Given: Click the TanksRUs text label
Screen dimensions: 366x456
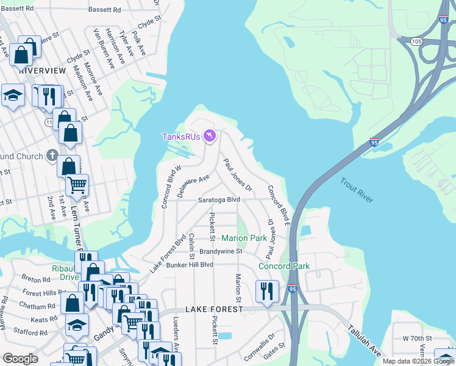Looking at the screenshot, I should tap(181, 137).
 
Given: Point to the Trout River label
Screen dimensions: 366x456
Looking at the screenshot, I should tap(357, 190).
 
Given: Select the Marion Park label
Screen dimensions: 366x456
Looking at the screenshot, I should tap(244, 237).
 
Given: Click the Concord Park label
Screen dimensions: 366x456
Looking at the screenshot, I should tap(284, 266).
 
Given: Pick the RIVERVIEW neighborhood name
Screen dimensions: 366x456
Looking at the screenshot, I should tap(42, 71).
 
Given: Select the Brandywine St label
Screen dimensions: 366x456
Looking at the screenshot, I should tap(221, 251).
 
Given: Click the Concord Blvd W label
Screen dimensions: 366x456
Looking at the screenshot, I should tap(171, 187).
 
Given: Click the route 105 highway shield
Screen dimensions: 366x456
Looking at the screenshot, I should tap(416, 41).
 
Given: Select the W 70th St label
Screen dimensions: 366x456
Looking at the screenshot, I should tap(417, 338).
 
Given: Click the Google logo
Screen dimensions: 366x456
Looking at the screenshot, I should tap(20, 359).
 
